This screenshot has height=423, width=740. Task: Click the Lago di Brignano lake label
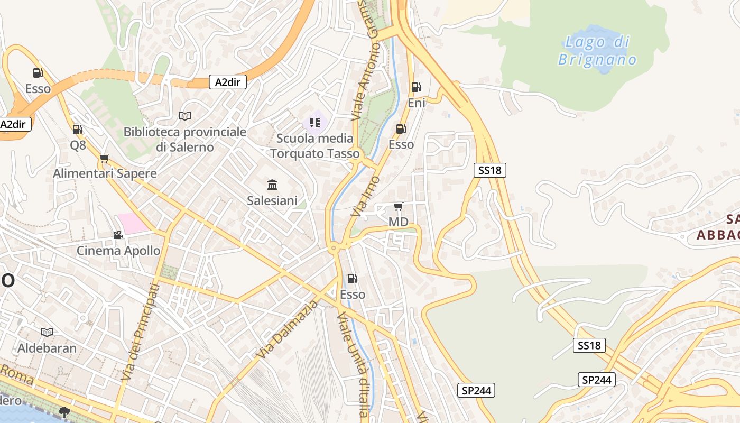click(597, 50)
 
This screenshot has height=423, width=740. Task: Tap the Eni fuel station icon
click(416, 87)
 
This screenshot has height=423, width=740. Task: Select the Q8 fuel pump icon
click(77, 129)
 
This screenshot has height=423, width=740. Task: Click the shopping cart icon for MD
click(398, 206)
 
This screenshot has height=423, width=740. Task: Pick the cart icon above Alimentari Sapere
click(104, 158)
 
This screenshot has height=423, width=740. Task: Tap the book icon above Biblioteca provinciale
click(184, 116)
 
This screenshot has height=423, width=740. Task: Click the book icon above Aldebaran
click(47, 332)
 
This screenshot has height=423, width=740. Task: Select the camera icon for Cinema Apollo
click(118, 235)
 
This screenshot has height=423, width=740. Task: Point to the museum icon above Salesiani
click(272, 185)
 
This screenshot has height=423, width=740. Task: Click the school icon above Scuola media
click(315, 123)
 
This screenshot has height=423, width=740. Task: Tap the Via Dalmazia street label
click(288, 329)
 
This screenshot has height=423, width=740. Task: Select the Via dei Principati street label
click(140, 332)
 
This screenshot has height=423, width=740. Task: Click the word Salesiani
click(272, 201)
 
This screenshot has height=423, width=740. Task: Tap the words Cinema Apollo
click(118, 251)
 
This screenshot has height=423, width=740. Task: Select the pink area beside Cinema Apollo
click(133, 223)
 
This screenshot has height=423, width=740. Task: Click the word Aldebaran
click(47, 348)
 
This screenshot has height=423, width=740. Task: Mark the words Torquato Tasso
click(315, 154)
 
